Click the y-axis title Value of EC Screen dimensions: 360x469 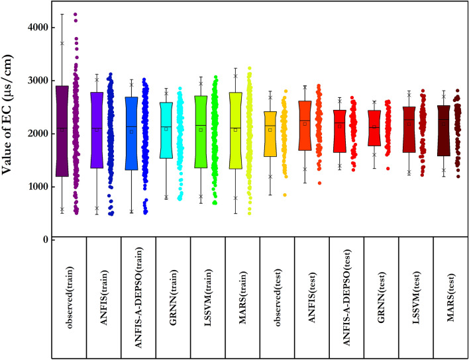[13, 133]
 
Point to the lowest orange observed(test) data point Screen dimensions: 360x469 [285, 195]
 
